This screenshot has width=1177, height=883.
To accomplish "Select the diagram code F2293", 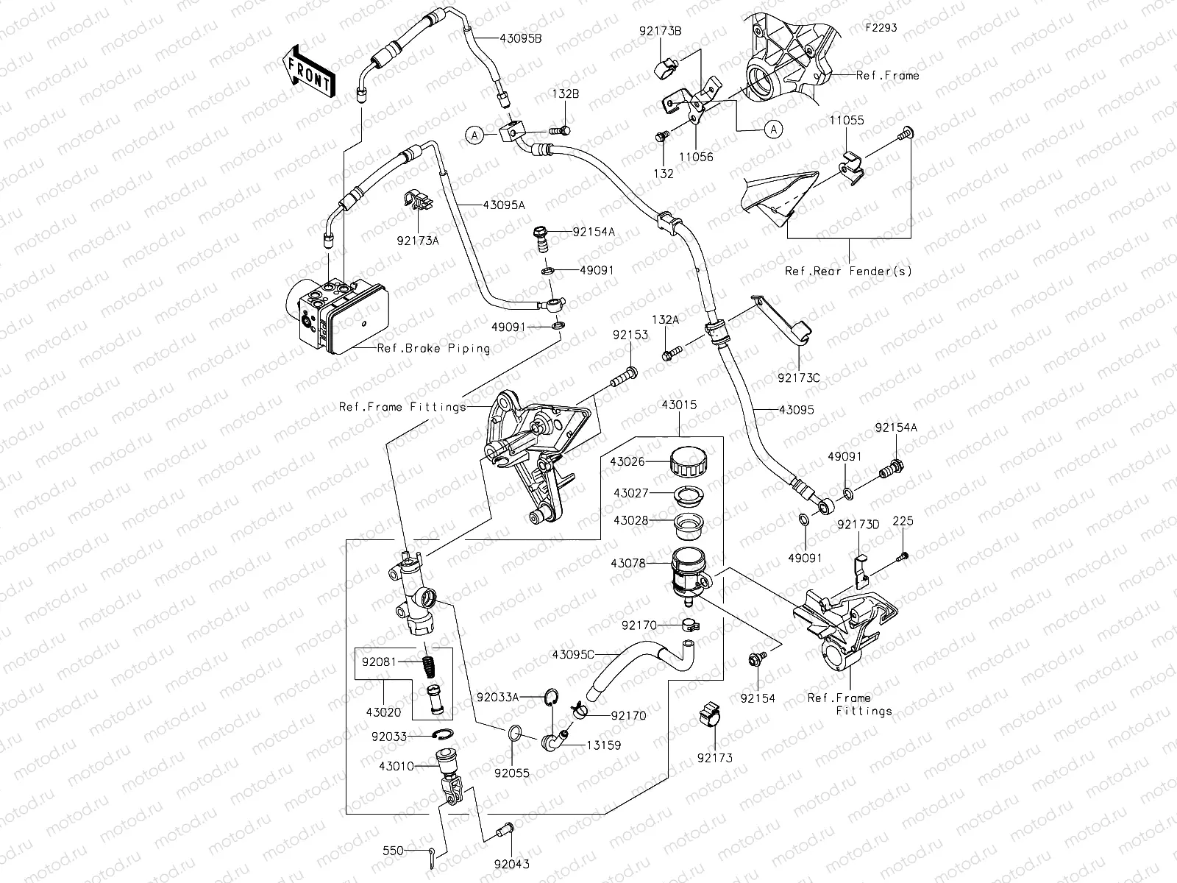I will pos(881,28).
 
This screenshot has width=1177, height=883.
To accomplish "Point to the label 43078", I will pos(627,564).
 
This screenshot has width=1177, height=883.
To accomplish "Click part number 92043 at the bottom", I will pos(511,864).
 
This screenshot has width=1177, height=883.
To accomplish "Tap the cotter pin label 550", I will pos(394,850).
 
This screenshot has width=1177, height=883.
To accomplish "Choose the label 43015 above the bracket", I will pos(678,405).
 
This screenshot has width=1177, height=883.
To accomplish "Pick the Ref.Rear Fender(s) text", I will pos(848,271).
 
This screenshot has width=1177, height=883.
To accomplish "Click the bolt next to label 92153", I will pos(624,377).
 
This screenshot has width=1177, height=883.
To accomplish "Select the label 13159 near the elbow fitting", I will pos(603,745).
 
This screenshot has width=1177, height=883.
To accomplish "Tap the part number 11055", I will pos(847,121).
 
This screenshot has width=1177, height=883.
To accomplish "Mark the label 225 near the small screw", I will pos(903,521).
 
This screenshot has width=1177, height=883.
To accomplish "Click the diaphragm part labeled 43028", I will pos(689,524).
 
